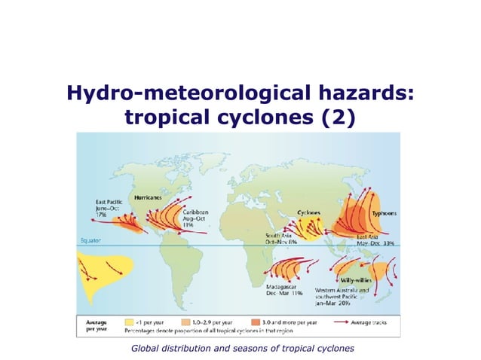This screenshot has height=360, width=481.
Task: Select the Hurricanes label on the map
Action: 149,197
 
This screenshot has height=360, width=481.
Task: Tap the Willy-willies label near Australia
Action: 348,279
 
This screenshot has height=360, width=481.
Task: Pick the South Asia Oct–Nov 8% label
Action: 280,239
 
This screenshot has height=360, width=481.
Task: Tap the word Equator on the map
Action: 90,241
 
